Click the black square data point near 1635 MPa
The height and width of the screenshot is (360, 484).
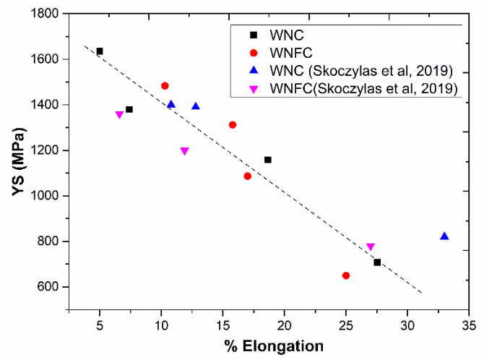100,51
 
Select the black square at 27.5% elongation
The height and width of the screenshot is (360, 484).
377,262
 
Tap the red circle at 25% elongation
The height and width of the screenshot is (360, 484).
346,275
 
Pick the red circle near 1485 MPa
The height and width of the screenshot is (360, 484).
165,86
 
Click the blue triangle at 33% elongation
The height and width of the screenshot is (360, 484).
444,236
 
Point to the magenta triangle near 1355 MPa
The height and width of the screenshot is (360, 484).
119,115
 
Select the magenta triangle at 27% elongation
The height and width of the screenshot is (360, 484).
371,247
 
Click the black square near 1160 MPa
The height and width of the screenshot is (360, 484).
268,160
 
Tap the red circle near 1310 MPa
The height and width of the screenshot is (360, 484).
233,125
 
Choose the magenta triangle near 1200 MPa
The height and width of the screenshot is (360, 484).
184,151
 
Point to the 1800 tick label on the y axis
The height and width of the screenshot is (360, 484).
51,13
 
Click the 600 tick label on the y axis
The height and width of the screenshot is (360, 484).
53,287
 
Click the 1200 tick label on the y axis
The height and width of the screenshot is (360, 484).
51,150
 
